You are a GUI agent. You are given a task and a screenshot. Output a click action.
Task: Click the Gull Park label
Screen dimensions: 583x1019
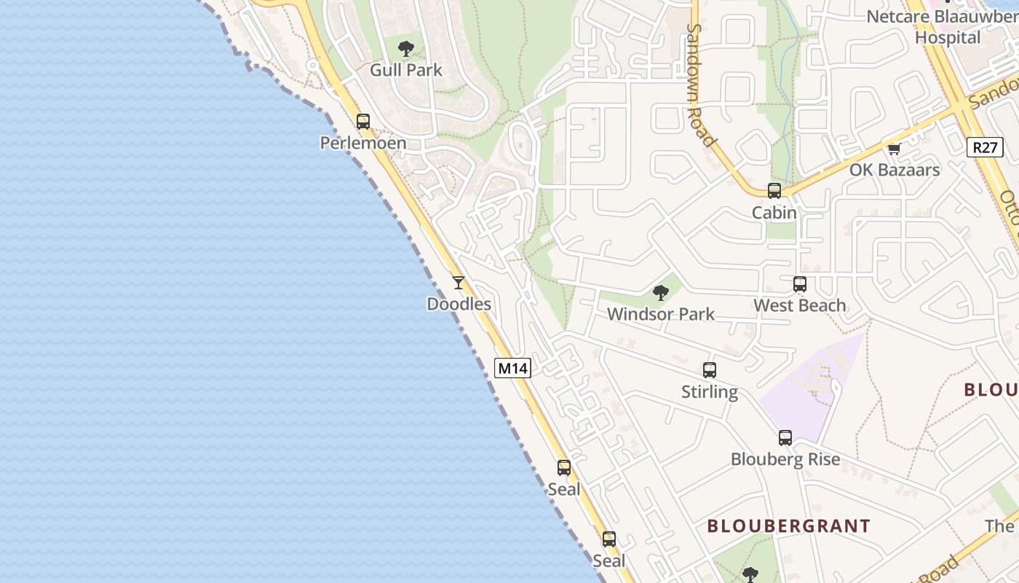point(406,70)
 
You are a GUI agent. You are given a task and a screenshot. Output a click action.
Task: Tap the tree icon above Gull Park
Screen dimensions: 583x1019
point(406,49)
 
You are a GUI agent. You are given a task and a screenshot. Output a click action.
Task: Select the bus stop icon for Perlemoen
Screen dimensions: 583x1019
point(362,122)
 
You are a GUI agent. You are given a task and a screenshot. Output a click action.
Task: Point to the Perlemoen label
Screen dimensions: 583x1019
point(363,143)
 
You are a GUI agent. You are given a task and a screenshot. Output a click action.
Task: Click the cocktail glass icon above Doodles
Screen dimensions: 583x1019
point(458,283)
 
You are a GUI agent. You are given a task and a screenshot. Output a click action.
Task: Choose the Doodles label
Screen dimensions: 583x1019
point(459,304)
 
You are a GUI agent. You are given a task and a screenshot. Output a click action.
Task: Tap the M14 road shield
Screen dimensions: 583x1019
point(512,368)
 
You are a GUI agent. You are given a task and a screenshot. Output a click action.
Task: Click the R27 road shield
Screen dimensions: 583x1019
point(985,147)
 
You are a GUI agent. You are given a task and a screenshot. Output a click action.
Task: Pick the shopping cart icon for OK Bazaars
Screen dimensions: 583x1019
point(894,149)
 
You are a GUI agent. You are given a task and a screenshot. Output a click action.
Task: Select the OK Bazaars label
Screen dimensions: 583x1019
point(895,170)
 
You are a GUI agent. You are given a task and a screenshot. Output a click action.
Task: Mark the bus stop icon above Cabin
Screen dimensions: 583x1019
point(774,191)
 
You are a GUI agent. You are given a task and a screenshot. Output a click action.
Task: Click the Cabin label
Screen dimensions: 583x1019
point(774,213)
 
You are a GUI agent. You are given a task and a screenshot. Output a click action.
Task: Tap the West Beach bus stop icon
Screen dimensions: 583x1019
point(800,284)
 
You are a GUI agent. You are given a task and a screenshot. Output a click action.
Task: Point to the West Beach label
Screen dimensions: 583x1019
point(800,305)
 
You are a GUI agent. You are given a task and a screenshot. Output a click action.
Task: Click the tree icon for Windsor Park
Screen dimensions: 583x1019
point(661,293)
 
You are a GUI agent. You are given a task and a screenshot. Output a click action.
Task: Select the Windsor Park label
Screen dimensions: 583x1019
point(661,314)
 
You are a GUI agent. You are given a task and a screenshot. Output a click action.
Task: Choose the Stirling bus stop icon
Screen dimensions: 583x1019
point(710,370)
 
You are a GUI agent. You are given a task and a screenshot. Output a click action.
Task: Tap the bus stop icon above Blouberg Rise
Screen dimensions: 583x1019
point(785,438)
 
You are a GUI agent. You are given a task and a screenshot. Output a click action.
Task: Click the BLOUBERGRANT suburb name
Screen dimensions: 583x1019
point(788,525)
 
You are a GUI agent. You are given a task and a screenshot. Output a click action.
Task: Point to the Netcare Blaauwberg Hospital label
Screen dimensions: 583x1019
point(942,26)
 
